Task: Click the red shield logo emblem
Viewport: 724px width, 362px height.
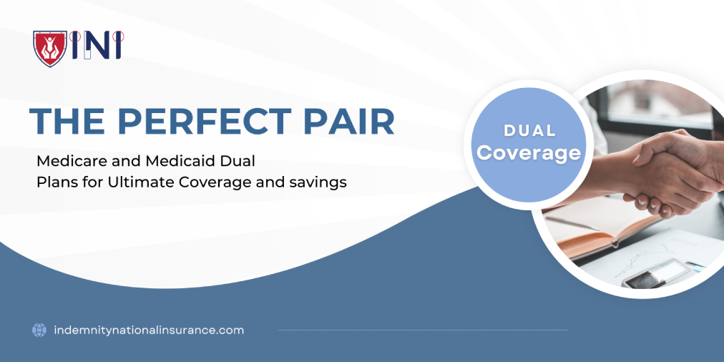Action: pos(49,48)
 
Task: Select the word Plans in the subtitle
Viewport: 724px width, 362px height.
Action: pos(54,182)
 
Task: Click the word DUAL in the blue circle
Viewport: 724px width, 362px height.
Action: pos(529,131)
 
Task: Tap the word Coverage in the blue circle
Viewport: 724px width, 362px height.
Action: pos(529,153)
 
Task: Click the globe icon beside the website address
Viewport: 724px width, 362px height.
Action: pos(39,330)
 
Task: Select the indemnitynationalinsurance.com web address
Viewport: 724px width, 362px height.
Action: pos(149,330)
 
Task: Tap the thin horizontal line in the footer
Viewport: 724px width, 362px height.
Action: pos(422,330)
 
